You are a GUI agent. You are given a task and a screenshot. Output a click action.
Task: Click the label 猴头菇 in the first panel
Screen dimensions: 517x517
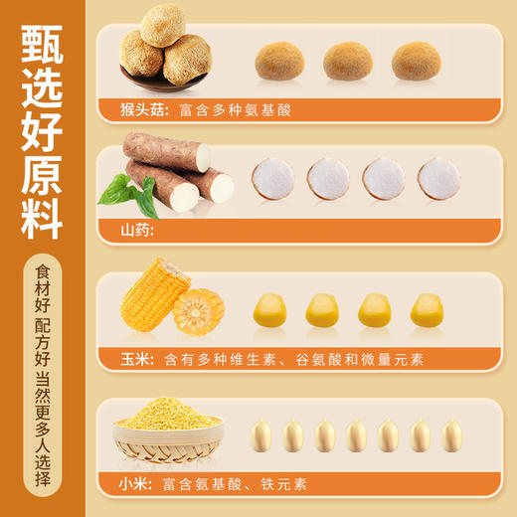click(x=139, y=108)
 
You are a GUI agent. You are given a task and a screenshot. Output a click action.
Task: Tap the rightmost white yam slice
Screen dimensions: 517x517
click(x=438, y=179)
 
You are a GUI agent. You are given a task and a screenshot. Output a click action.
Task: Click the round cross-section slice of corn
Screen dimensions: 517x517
click(x=199, y=311)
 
